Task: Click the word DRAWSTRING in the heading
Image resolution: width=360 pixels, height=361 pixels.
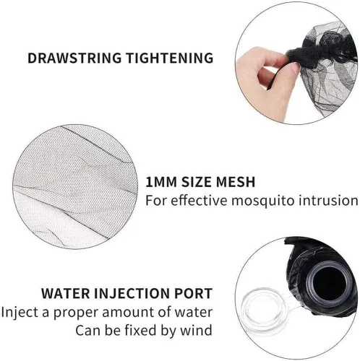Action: [x=74, y=58]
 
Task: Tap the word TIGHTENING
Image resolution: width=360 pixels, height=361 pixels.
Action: [x=170, y=58]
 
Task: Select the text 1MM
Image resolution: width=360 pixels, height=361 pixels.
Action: [x=161, y=182]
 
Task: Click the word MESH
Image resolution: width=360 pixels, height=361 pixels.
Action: [x=236, y=182]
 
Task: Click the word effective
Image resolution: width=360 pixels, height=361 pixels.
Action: [x=199, y=200]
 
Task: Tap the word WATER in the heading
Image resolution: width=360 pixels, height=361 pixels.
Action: [x=65, y=293]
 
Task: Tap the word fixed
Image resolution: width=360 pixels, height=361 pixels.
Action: [x=140, y=330]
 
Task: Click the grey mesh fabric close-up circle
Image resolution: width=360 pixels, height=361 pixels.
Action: [x=75, y=186]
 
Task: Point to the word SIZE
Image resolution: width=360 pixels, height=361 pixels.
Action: [x=196, y=182]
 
